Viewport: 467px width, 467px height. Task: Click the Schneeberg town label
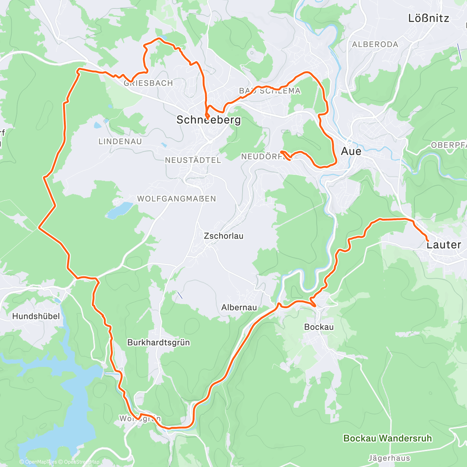click(209, 120)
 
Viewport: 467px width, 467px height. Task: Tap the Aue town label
click(351, 151)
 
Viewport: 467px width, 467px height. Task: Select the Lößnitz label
click(428, 18)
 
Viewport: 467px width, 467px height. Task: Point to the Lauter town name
click(444, 245)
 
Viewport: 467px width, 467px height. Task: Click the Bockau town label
click(319, 327)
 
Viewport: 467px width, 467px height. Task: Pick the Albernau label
click(239, 307)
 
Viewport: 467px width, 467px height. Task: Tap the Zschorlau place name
click(223, 236)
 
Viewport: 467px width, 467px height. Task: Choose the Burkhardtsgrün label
click(158, 342)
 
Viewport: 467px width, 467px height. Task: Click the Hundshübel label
click(36, 316)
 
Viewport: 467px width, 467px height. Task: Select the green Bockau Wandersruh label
click(387, 439)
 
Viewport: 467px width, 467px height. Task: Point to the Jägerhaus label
click(389, 458)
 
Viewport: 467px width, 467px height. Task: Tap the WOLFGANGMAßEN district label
click(176, 199)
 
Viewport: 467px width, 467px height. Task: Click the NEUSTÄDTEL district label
click(193, 160)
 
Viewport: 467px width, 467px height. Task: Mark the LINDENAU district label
click(120, 142)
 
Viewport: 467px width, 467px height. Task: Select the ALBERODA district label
click(375, 44)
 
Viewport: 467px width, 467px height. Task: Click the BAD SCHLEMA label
click(270, 91)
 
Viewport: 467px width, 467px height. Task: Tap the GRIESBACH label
click(148, 83)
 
